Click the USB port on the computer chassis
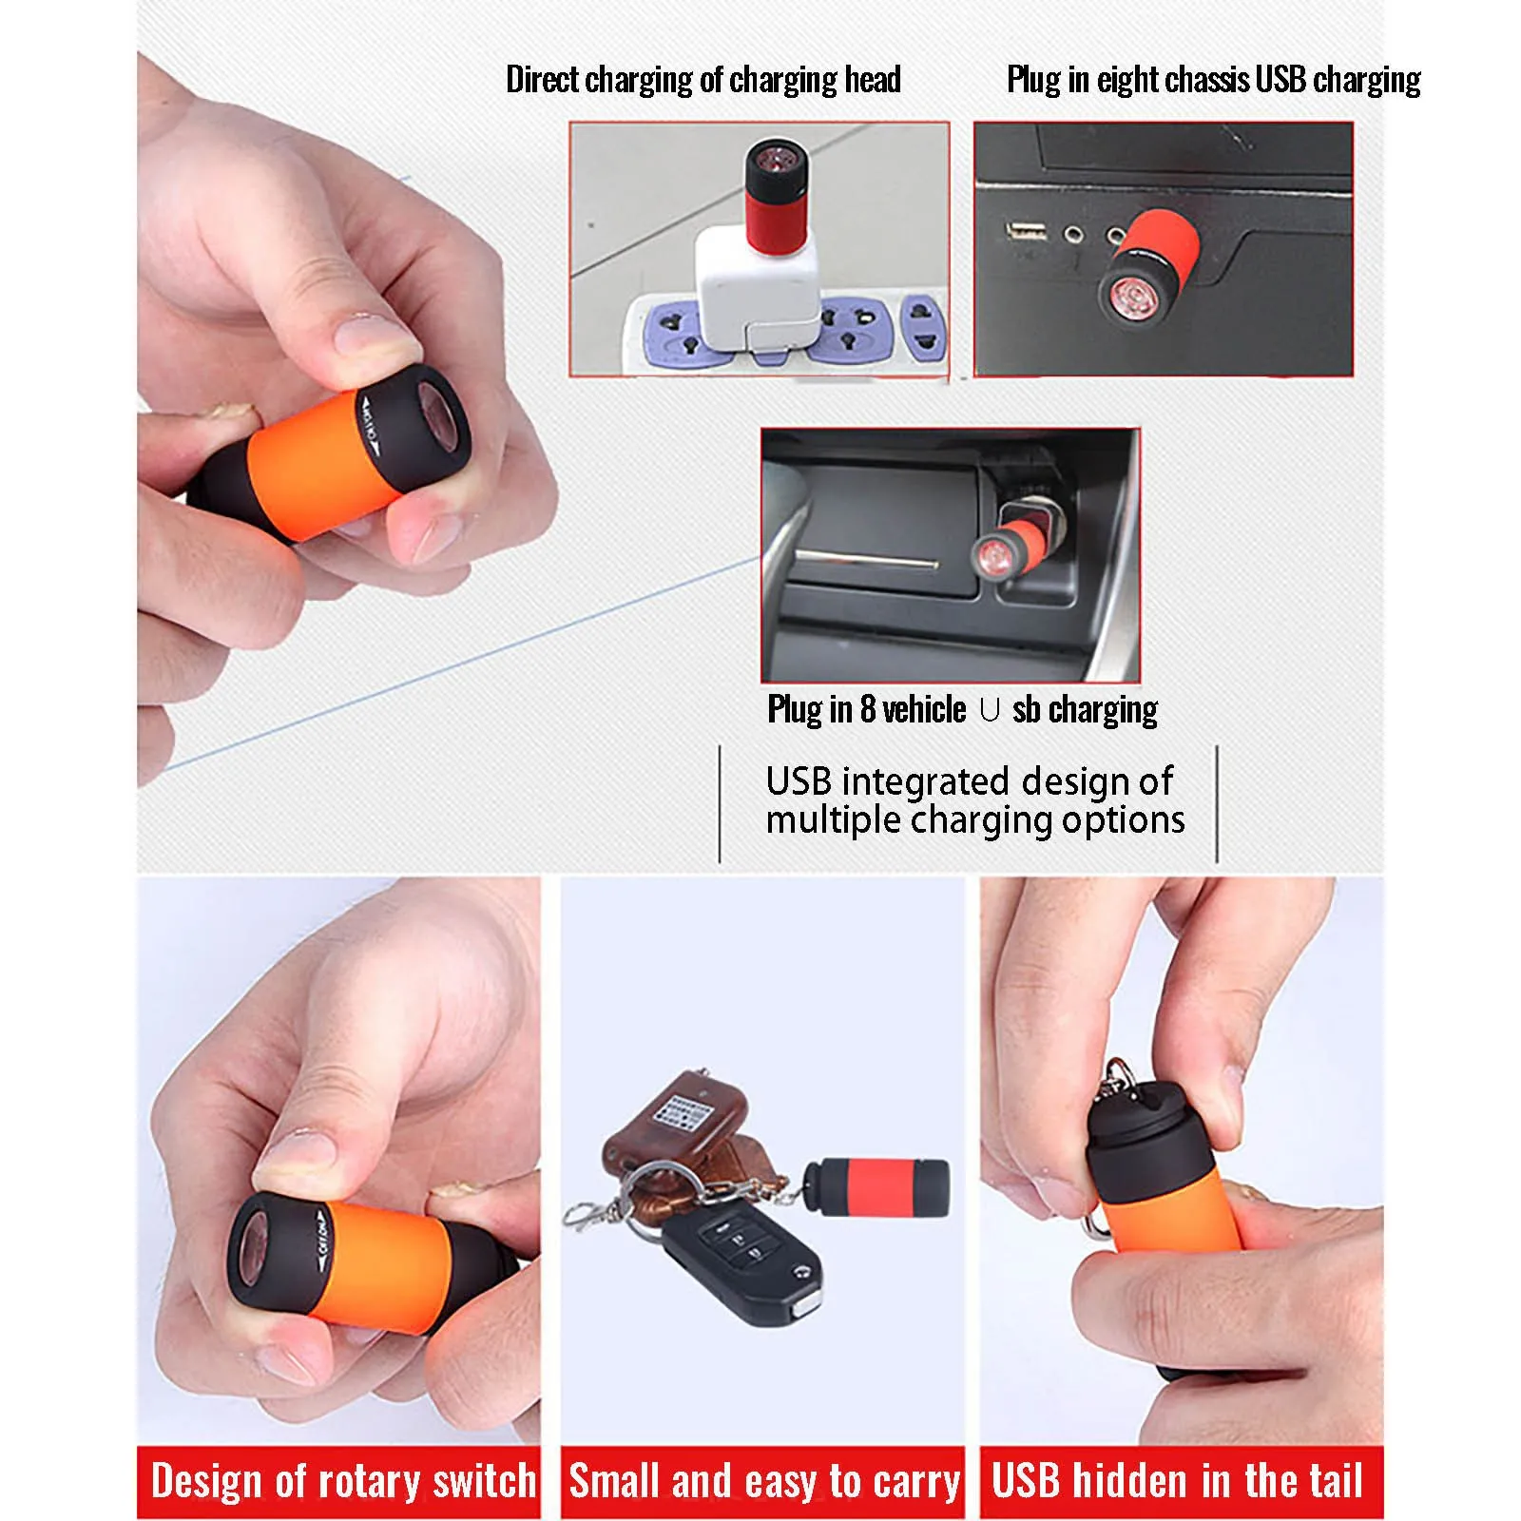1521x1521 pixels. [x=1026, y=230]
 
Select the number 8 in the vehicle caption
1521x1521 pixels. [x=867, y=709]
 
